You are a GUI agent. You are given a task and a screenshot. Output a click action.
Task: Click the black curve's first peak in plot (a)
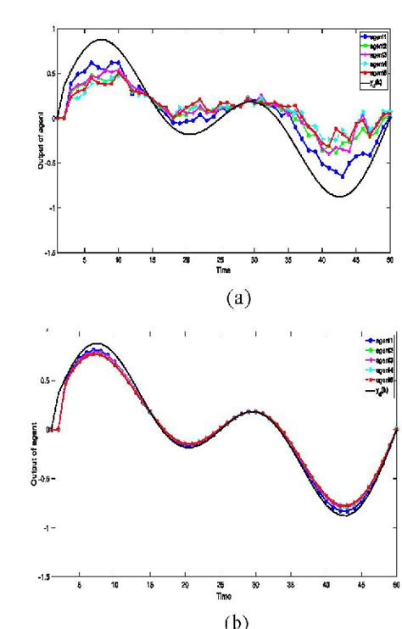pyautogui.click(x=101, y=39)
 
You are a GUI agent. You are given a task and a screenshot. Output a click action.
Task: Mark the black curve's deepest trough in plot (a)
pyautogui.click(x=342, y=197)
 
